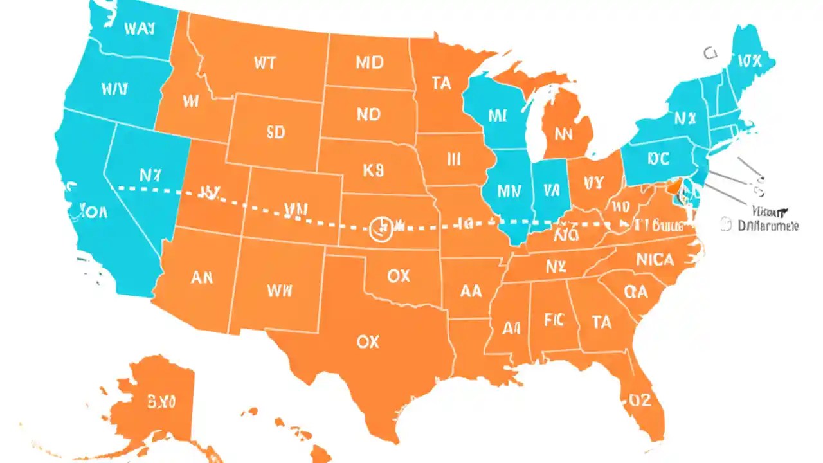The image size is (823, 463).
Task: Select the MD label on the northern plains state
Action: (x=369, y=62)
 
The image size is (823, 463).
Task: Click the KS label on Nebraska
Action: (x=372, y=170)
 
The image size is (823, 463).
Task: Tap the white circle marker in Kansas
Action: (x=381, y=228)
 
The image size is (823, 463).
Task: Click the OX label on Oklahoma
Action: (x=399, y=276)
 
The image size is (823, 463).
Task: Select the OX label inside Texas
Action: (x=367, y=342)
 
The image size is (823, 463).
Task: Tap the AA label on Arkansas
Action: (x=471, y=291)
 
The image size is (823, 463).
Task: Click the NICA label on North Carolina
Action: (x=655, y=260)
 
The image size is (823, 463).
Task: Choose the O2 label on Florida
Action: (x=640, y=401)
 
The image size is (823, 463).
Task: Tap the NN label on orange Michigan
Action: (x=563, y=135)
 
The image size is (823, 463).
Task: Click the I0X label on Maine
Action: (x=750, y=61)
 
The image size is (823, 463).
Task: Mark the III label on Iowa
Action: (x=454, y=159)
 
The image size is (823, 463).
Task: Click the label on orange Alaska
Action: (x=161, y=403)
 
